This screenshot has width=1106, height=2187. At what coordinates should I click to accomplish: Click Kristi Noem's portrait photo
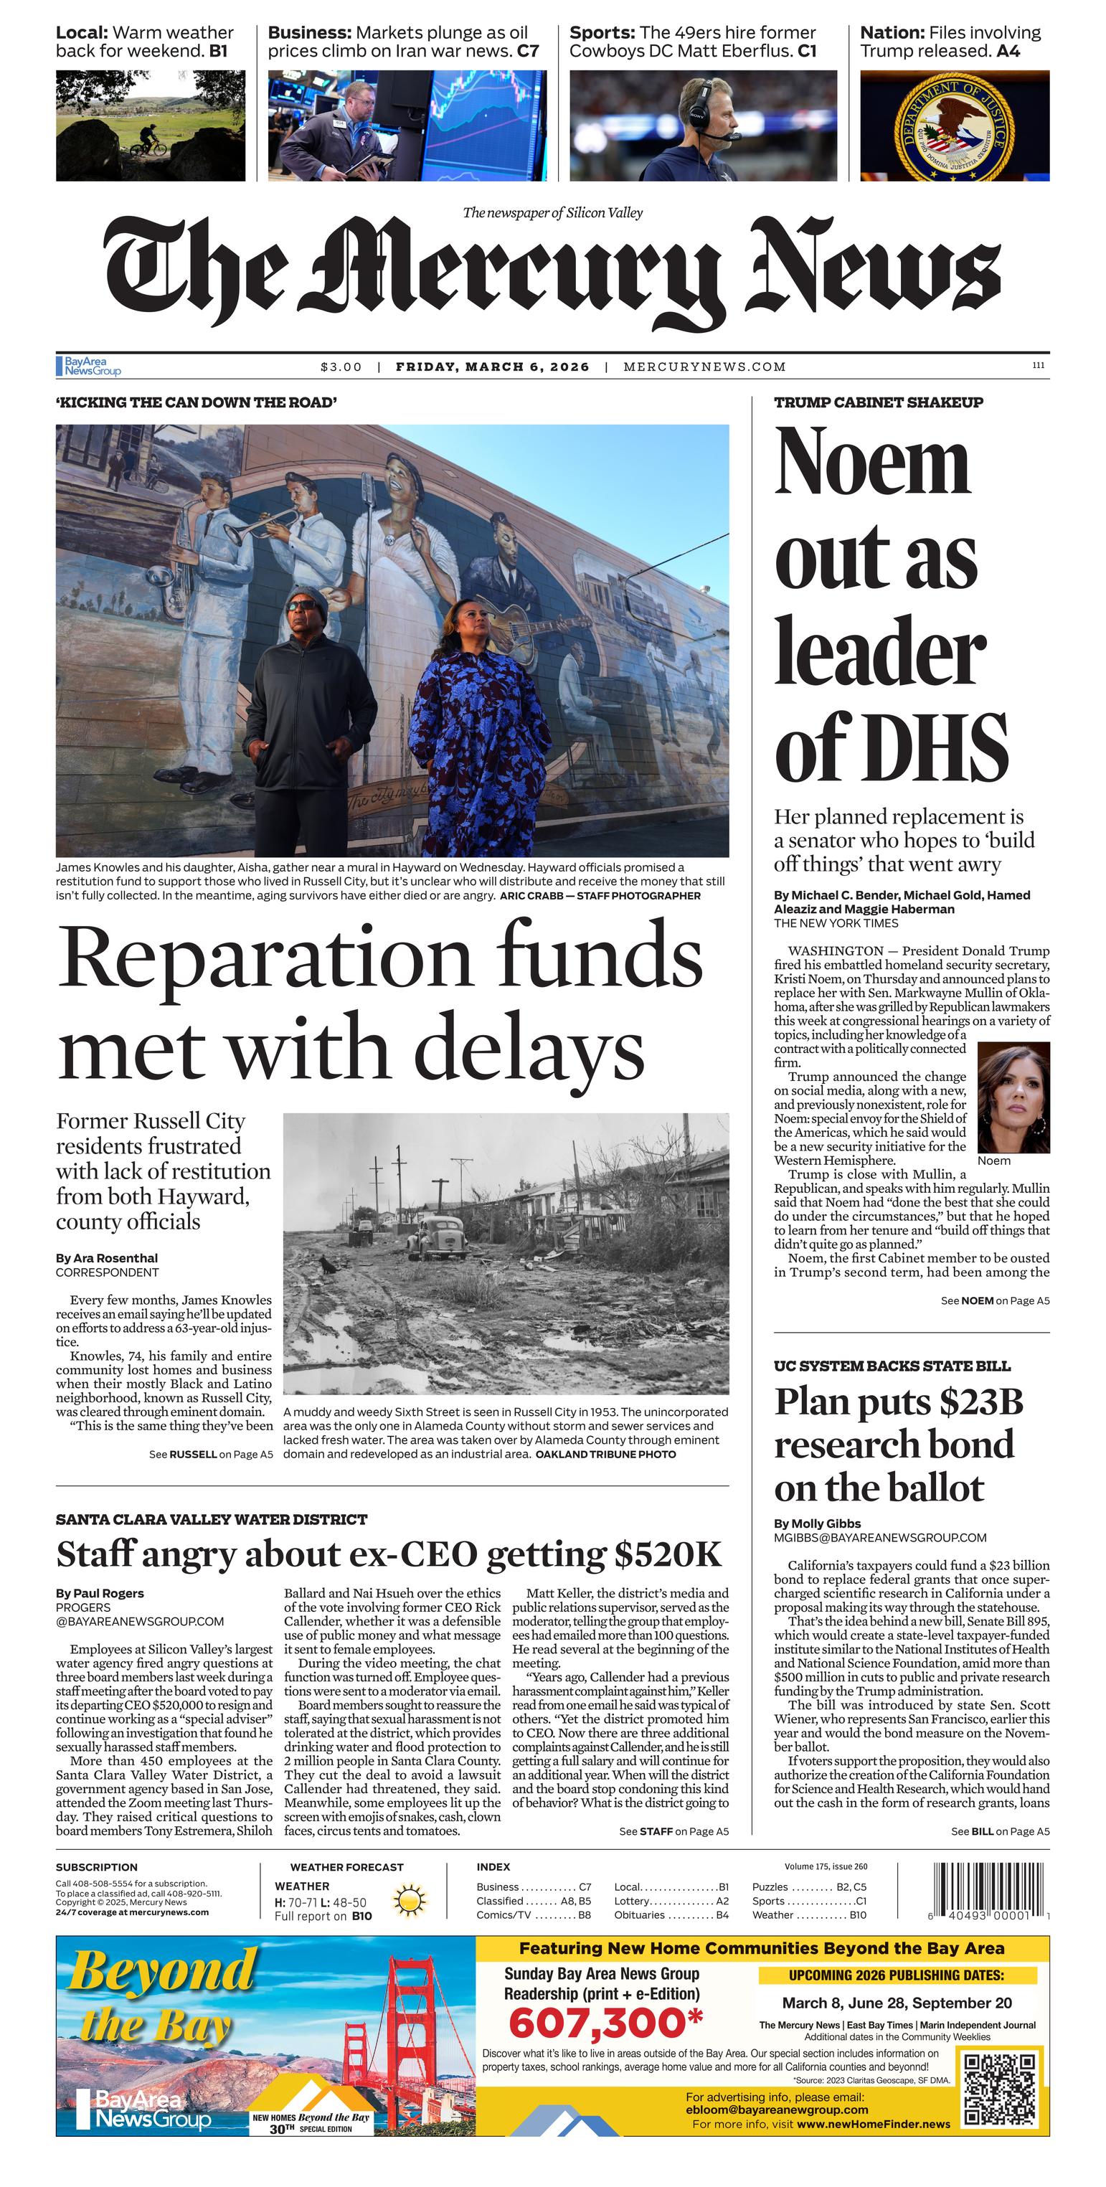pyautogui.click(x=1013, y=1096)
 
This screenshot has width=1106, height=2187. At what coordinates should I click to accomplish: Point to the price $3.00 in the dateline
pyautogui.click(x=341, y=367)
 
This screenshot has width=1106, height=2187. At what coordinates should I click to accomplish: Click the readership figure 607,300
pyautogui.click(x=605, y=2025)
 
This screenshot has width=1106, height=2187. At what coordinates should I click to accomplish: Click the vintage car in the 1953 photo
pyautogui.click(x=436, y=1238)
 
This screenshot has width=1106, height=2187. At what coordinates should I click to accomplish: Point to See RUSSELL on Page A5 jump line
pyautogui.click(x=210, y=1455)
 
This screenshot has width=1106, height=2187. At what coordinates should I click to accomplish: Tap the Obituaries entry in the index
pyautogui.click(x=643, y=1914)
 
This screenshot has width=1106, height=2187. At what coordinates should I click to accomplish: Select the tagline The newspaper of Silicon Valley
pyautogui.click(x=552, y=212)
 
